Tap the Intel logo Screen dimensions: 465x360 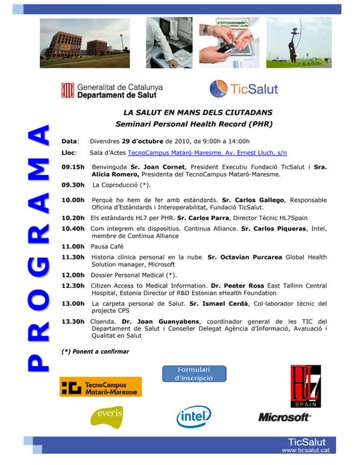[194, 416]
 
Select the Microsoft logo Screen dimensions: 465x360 [284, 417]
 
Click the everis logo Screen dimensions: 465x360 [106, 416]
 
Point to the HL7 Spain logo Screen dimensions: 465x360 [305, 386]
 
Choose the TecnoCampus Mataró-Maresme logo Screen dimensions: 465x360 [100, 387]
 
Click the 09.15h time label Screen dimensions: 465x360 [73, 166]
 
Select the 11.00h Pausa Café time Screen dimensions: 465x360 [73, 246]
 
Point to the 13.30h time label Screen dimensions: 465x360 [73, 321]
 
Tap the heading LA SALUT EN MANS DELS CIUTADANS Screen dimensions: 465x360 [197, 113]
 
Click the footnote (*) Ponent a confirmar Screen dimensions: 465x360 [95, 352]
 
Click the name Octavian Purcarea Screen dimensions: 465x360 [239, 257]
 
